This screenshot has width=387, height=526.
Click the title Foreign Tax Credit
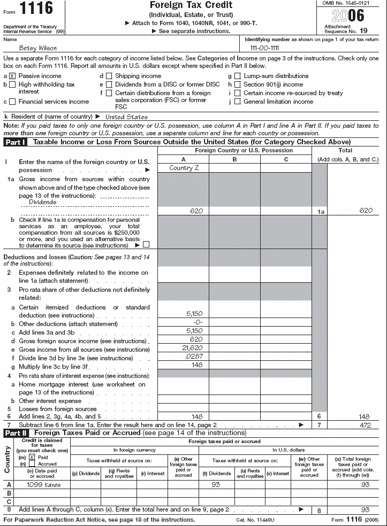[193, 5]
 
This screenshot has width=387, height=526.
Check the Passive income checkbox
[12, 76]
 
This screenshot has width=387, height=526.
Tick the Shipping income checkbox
[109, 76]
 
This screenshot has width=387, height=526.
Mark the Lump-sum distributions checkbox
[238, 76]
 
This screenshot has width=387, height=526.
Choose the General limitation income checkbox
[238, 102]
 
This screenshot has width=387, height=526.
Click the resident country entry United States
[126, 117]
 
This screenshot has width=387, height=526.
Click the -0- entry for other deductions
[196, 323]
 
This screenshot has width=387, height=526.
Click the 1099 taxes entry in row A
[43, 484]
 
